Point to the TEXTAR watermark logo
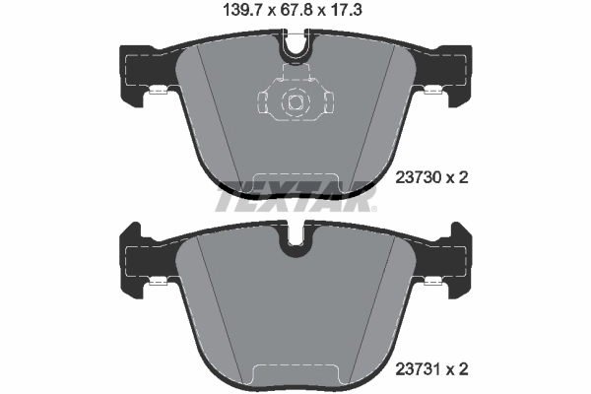pyautogui.click(x=295, y=202)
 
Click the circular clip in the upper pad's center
pyautogui.click(x=295, y=99)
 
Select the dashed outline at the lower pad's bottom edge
pyautogui.click(x=295, y=372)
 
